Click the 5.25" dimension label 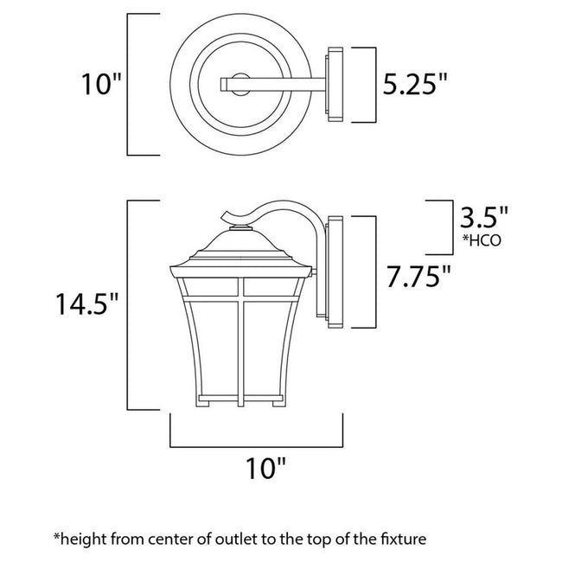[x=416, y=84]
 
